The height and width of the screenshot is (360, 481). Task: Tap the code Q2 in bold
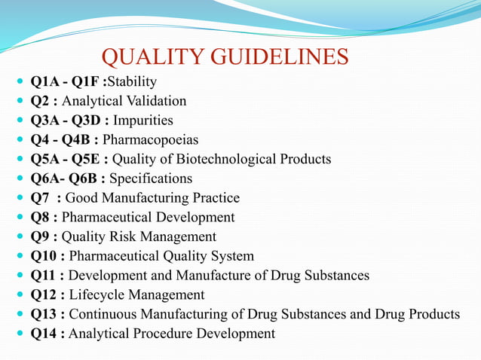pyautogui.click(x=40, y=100)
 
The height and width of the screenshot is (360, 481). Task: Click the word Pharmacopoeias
pyautogui.click(x=150, y=139)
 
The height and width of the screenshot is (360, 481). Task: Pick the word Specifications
pyautogui.click(x=151, y=178)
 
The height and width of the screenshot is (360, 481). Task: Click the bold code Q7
pyautogui.click(x=40, y=198)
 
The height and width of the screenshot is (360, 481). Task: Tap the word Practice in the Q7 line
pyautogui.click(x=214, y=198)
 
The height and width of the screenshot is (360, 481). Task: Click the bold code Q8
pyautogui.click(x=40, y=217)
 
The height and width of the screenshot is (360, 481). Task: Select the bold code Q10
pyautogui.click(x=44, y=256)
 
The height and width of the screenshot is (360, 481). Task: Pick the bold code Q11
pyautogui.click(x=44, y=275)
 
